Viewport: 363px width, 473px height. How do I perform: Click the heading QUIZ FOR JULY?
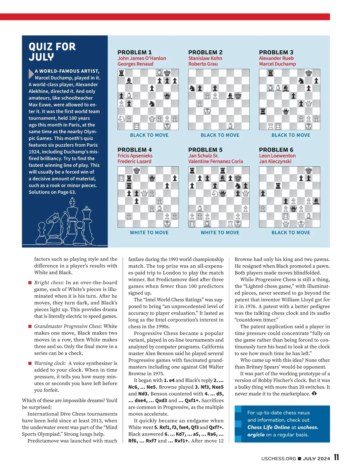click(x=52, y=51)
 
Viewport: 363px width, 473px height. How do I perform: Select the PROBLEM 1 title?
click(x=135, y=52)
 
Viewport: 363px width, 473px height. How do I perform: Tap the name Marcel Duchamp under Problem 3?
click(x=277, y=64)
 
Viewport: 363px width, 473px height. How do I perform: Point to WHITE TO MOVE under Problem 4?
click(x=149, y=233)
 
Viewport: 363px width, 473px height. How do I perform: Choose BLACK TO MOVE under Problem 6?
click(x=291, y=233)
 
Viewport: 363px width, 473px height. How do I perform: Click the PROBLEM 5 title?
click(x=205, y=150)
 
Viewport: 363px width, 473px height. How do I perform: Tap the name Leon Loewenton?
click(x=277, y=156)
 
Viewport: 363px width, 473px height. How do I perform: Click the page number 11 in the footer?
click(x=336, y=457)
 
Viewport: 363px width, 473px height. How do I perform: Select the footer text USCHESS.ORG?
click(x=279, y=458)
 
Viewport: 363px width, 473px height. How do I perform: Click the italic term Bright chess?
click(x=46, y=282)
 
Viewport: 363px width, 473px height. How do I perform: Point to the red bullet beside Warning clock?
click(x=30, y=363)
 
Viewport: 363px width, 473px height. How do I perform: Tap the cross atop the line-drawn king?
click(x=72, y=201)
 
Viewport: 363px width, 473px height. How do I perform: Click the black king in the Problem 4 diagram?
click(x=137, y=171)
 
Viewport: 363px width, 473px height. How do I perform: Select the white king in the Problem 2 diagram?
click(x=207, y=111)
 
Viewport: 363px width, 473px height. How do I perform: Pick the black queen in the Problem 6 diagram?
click(x=293, y=209)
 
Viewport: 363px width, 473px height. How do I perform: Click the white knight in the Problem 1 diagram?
click(x=121, y=119)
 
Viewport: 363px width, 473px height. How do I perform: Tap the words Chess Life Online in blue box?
click(x=268, y=427)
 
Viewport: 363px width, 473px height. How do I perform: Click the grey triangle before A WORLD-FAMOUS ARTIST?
click(x=31, y=74)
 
